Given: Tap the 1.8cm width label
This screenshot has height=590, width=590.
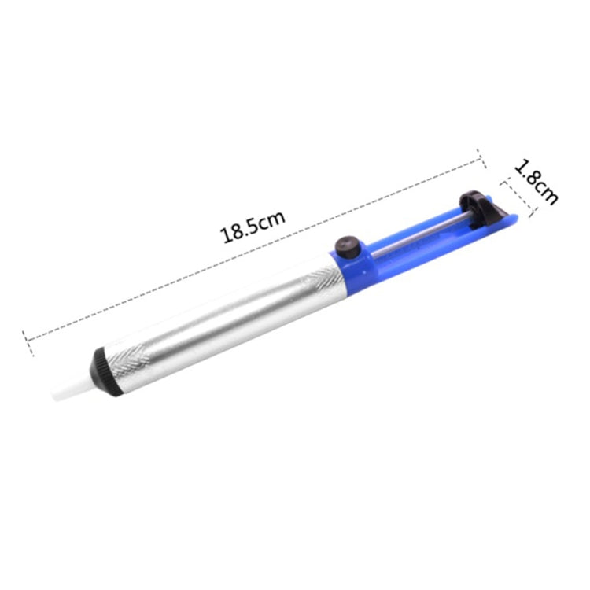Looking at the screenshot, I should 537,182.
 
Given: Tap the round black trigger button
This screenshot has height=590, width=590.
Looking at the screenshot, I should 345,246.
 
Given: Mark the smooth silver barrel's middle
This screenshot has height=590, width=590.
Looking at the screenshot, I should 220,319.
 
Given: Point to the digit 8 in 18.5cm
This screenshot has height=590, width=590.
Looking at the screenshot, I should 234,233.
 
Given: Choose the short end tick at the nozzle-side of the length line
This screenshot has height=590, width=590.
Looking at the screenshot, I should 28,339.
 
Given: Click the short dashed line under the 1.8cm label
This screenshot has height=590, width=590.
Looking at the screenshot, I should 519,197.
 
